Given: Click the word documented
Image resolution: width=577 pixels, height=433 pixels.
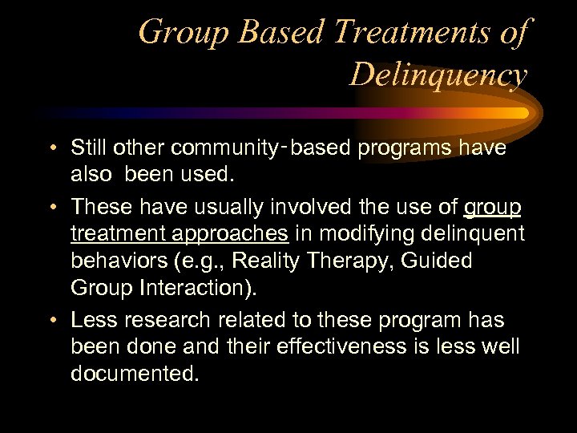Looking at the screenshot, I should [135, 374].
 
